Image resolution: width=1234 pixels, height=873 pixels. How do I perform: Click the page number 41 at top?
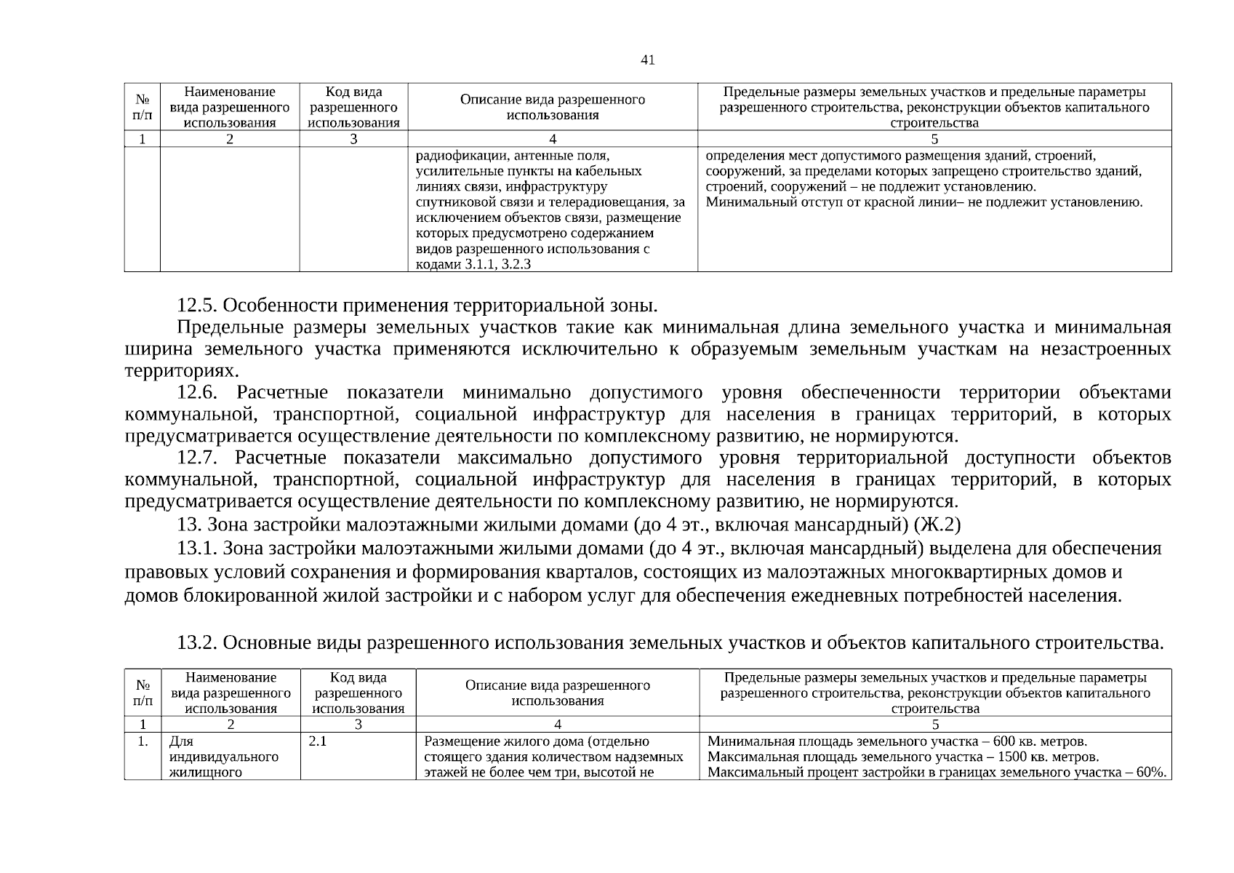[647, 60]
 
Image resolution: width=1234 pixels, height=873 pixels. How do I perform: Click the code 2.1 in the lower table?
[318, 741]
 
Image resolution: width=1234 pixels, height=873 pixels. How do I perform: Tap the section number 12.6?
[198, 393]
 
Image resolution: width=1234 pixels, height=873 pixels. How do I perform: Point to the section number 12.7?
[198, 458]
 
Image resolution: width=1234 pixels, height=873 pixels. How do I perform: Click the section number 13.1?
[198, 548]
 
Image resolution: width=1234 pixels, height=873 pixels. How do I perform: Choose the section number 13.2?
[198, 643]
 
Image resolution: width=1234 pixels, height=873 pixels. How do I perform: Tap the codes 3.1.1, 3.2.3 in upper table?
[497, 264]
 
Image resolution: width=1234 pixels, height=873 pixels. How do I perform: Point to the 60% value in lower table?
[1152, 772]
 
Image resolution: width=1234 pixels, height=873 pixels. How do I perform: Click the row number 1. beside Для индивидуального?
[143, 741]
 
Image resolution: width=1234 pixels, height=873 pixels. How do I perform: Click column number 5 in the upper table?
[934, 139]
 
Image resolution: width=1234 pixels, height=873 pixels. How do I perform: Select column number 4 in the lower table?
[557, 725]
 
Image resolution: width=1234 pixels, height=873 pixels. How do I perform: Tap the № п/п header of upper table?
[143, 107]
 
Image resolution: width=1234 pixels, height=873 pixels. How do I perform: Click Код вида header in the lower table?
[358, 677]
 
